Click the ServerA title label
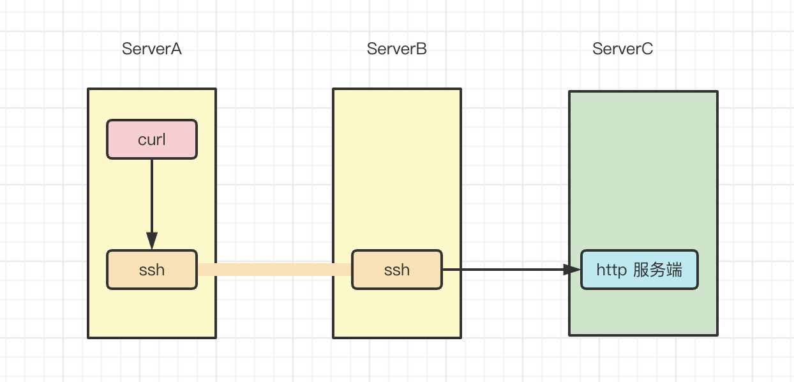[x=152, y=49]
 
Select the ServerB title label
[x=396, y=49]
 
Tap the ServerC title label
[x=622, y=49]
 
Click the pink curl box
[x=152, y=139]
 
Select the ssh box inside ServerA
[x=152, y=270]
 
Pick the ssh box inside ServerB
[x=396, y=270]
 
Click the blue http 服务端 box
[x=639, y=270]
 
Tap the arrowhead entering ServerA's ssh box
[x=152, y=241]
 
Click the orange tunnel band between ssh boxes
[x=274, y=270]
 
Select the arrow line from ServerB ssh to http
[x=504, y=270]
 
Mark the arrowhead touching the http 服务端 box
[x=572, y=270]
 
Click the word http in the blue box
[x=611, y=270]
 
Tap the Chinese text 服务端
[x=658, y=270]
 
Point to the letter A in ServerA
[x=176, y=49]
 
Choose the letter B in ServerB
[x=421, y=49]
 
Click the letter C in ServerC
[x=647, y=49]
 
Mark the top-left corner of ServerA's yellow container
[x=89, y=89]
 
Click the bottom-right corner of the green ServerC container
[x=717, y=334]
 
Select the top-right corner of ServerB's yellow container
[x=460, y=89]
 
